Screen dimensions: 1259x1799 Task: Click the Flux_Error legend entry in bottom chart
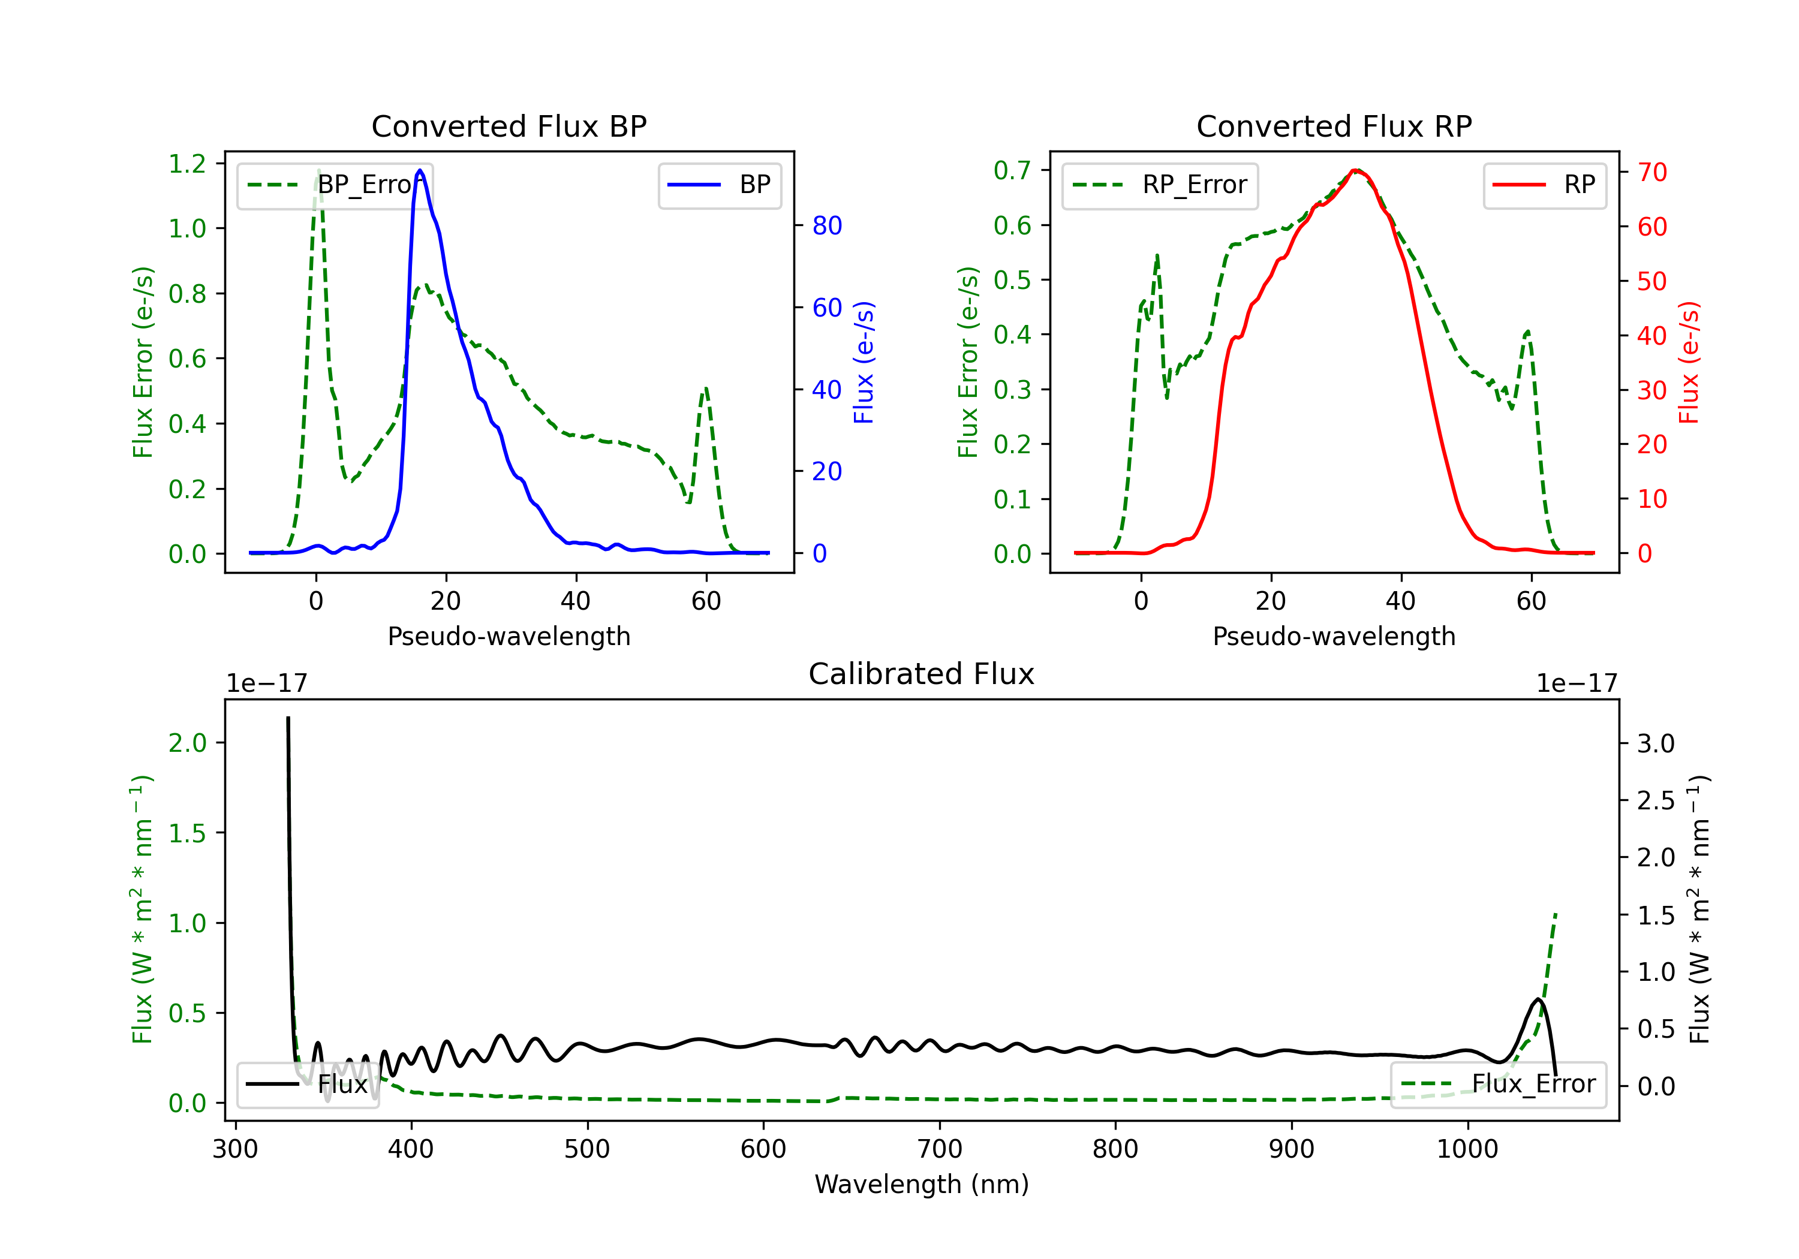pos(1498,1085)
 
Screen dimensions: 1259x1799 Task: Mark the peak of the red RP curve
pos(1355,170)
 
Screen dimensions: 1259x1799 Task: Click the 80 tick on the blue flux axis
pos(826,225)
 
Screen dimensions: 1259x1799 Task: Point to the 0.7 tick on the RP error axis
pos(1012,170)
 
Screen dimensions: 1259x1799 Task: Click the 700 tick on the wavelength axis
pos(938,1149)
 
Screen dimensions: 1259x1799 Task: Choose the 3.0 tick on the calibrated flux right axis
pos(1656,743)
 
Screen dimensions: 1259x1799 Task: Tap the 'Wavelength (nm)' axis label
pos(922,1185)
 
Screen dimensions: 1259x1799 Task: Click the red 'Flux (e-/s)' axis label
pos(1689,362)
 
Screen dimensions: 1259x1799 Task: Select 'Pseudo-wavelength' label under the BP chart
pos(509,636)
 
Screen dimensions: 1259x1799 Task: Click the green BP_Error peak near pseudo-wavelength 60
pos(706,388)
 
